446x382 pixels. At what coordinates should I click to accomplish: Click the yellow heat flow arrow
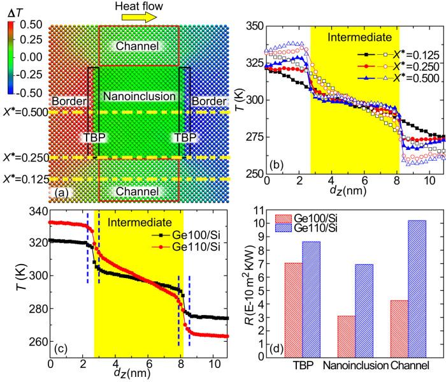(x=139, y=18)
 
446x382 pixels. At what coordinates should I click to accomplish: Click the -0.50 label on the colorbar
(x=28, y=91)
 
